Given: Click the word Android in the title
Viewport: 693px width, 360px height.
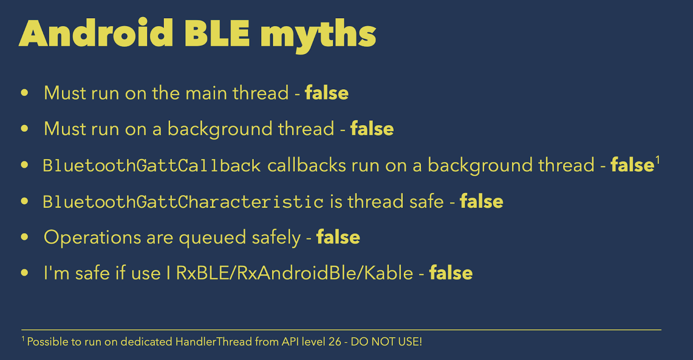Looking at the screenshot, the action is pyautogui.click(x=96, y=33).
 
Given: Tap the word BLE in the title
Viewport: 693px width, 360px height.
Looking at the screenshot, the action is pyautogui.click(x=217, y=33).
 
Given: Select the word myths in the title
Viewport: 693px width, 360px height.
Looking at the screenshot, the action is pyautogui.click(x=318, y=36).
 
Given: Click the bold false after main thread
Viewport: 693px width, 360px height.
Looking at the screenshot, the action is pyautogui.click(x=327, y=93).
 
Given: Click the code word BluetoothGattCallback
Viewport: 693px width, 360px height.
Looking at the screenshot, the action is pyautogui.click(x=152, y=165).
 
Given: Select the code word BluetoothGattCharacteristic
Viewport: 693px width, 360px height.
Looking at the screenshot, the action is pyautogui.click(x=183, y=201).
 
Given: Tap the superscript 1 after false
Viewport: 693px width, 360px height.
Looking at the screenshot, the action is pyautogui.click(x=658, y=160).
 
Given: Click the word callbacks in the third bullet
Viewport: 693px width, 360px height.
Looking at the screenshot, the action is pyautogui.click(x=307, y=165).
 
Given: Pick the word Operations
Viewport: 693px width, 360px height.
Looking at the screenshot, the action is pyautogui.click(x=92, y=238).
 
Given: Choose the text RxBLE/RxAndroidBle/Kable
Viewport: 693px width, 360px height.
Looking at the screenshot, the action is pyautogui.click(x=294, y=273).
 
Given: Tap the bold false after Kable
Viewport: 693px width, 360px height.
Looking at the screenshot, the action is pyautogui.click(x=451, y=273).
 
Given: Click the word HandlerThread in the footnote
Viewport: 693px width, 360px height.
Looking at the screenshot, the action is pyautogui.click(x=214, y=342).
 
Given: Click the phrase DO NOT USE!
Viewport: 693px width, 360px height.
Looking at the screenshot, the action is pyautogui.click(x=386, y=342).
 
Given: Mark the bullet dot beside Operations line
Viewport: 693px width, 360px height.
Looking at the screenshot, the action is pyautogui.click(x=24, y=237).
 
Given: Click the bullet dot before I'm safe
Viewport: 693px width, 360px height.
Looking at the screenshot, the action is pyautogui.click(x=24, y=273).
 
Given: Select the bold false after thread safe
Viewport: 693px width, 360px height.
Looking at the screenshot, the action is pyautogui.click(x=482, y=201).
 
